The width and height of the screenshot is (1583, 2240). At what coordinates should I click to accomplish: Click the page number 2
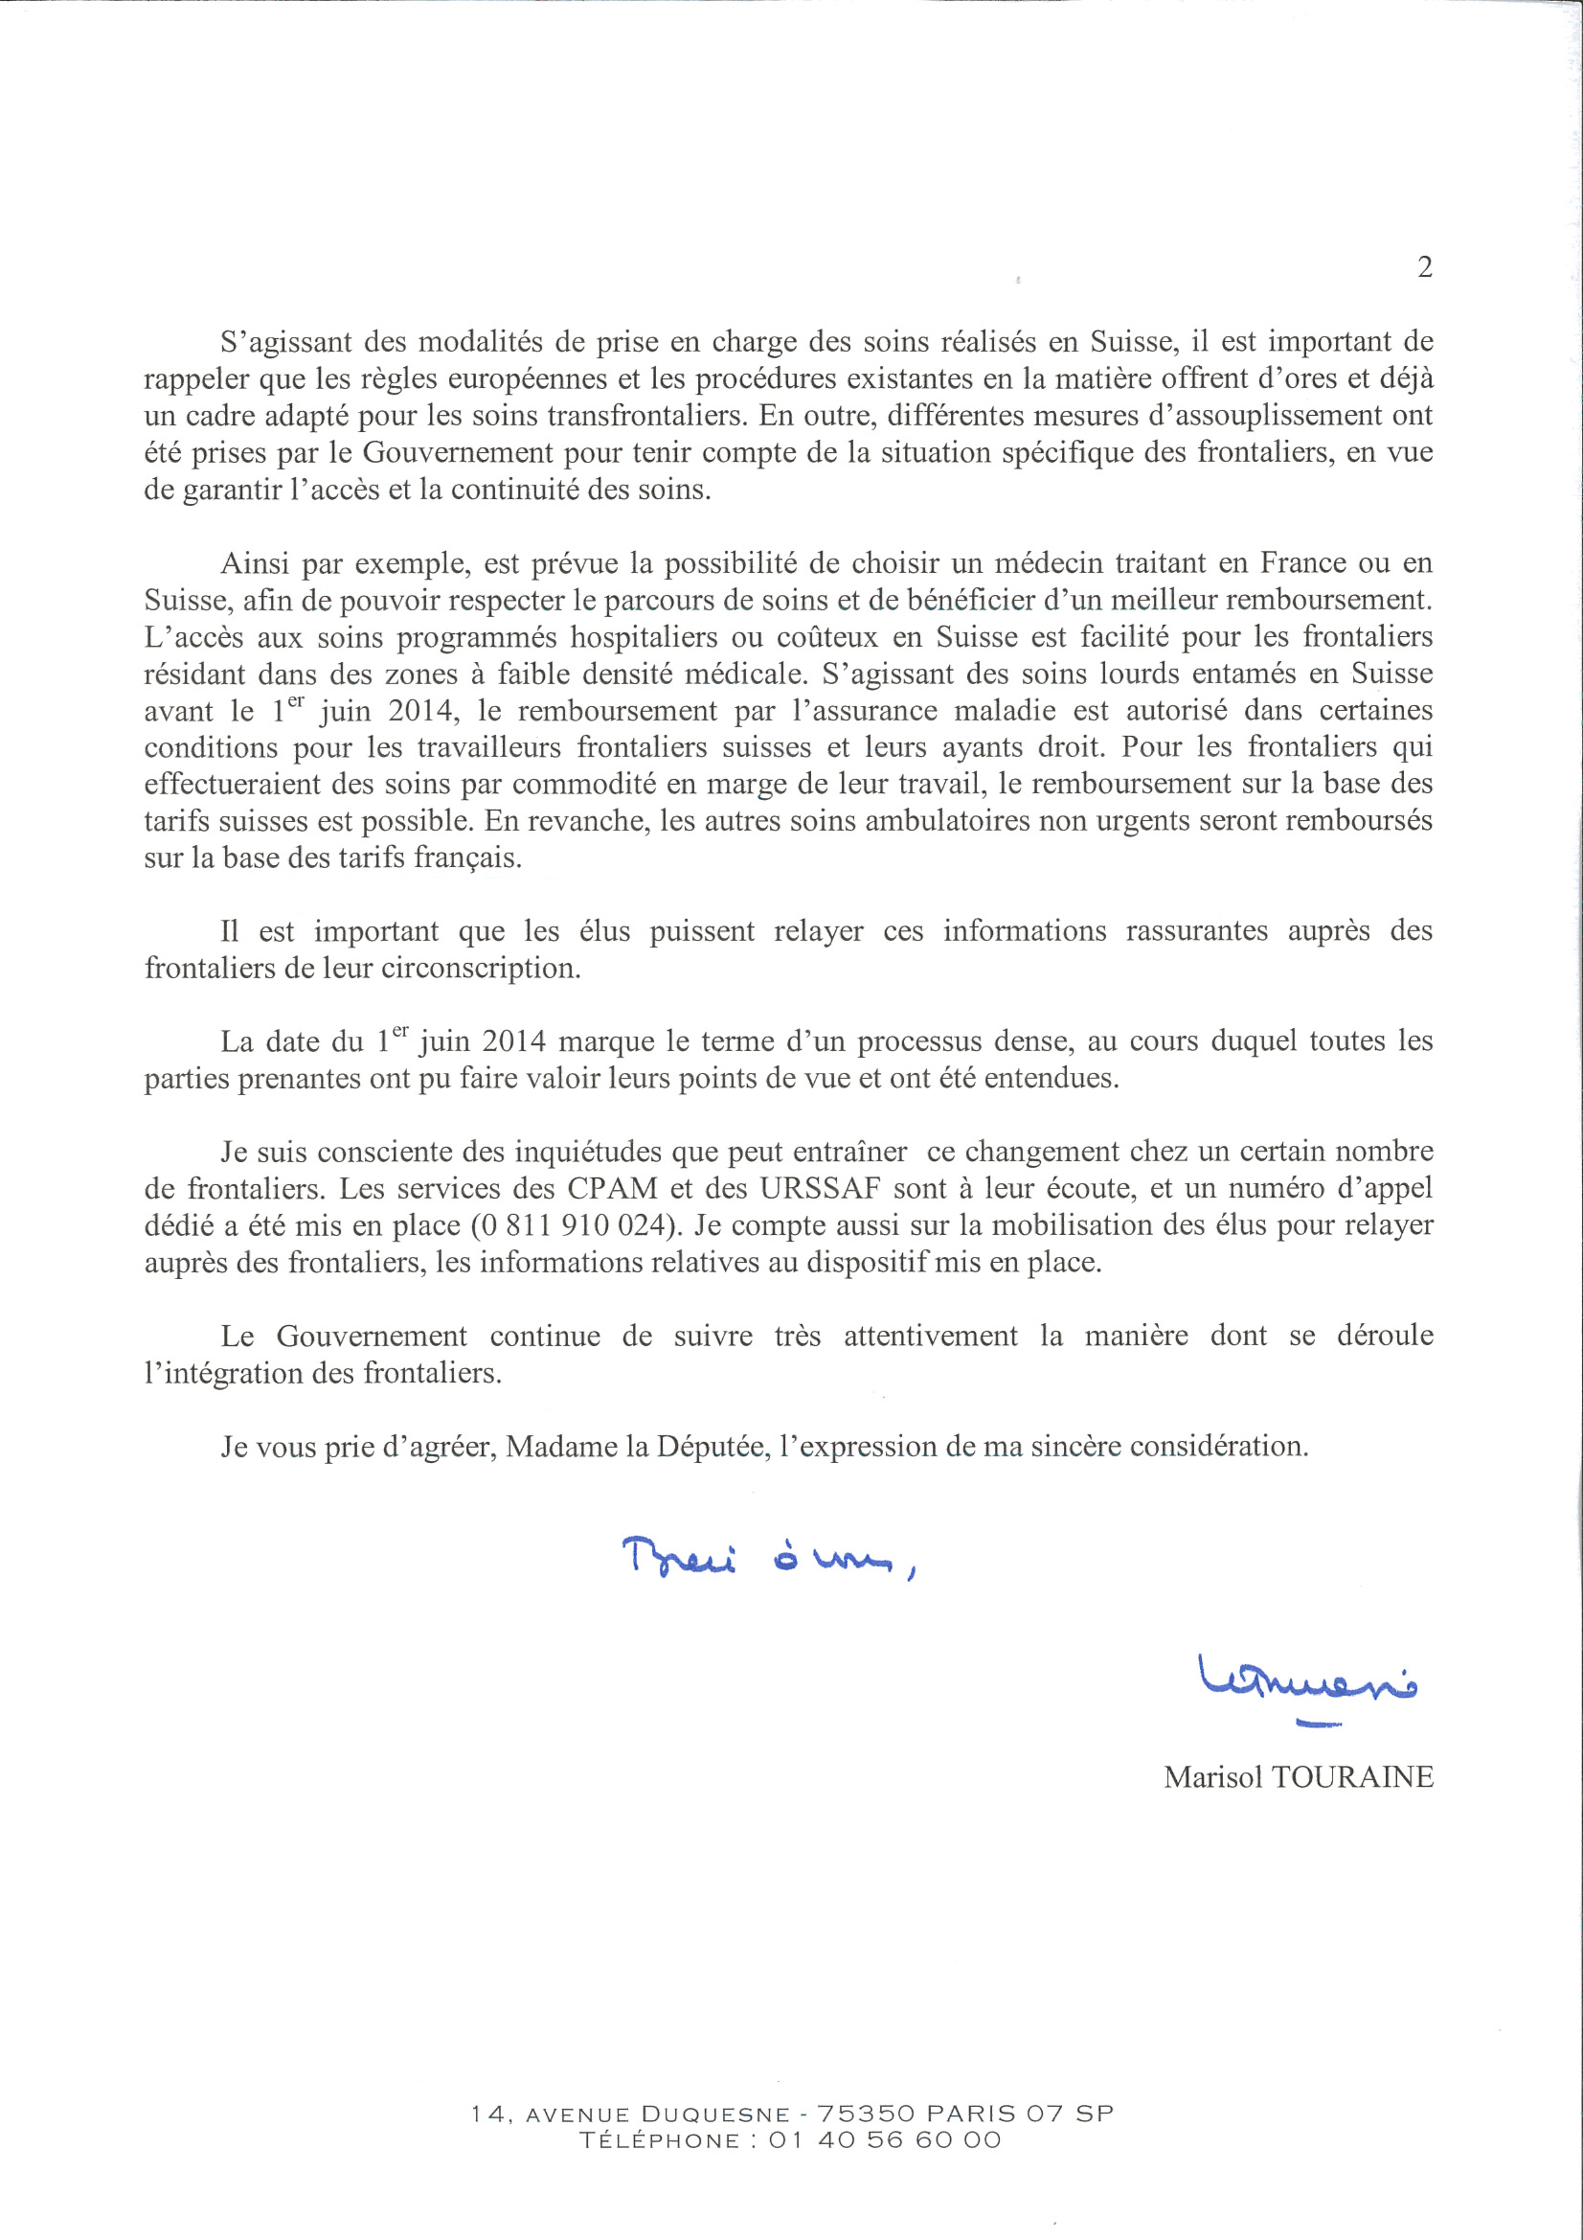pyautogui.click(x=1424, y=267)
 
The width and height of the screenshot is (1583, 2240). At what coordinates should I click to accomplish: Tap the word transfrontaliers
pyautogui.click(x=641, y=417)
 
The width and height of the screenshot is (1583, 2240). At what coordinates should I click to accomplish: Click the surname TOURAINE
pyautogui.click(x=1352, y=1777)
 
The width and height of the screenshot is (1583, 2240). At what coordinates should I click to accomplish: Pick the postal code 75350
pyautogui.click(x=866, y=2115)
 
